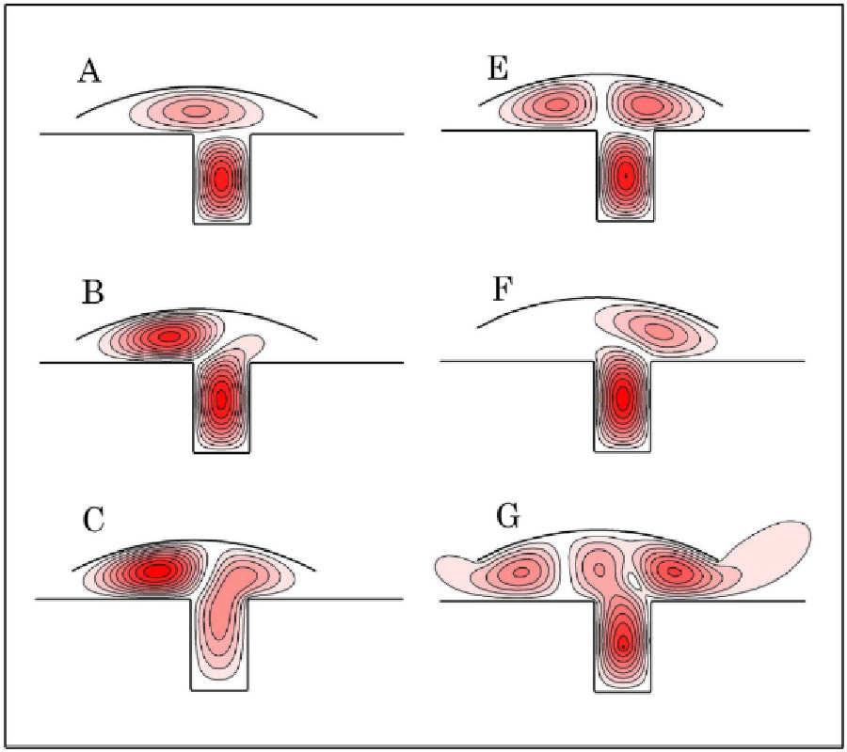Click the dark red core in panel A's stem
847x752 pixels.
(x=221, y=178)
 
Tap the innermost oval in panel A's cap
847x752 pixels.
(x=197, y=111)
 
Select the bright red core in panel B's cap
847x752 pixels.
(x=169, y=336)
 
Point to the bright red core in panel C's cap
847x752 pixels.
(x=157, y=570)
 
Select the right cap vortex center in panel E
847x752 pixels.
(x=647, y=103)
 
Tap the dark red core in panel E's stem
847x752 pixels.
(x=625, y=175)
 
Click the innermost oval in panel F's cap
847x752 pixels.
(x=657, y=329)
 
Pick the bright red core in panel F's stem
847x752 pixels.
(x=622, y=398)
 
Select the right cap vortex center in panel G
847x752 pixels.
(x=672, y=569)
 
